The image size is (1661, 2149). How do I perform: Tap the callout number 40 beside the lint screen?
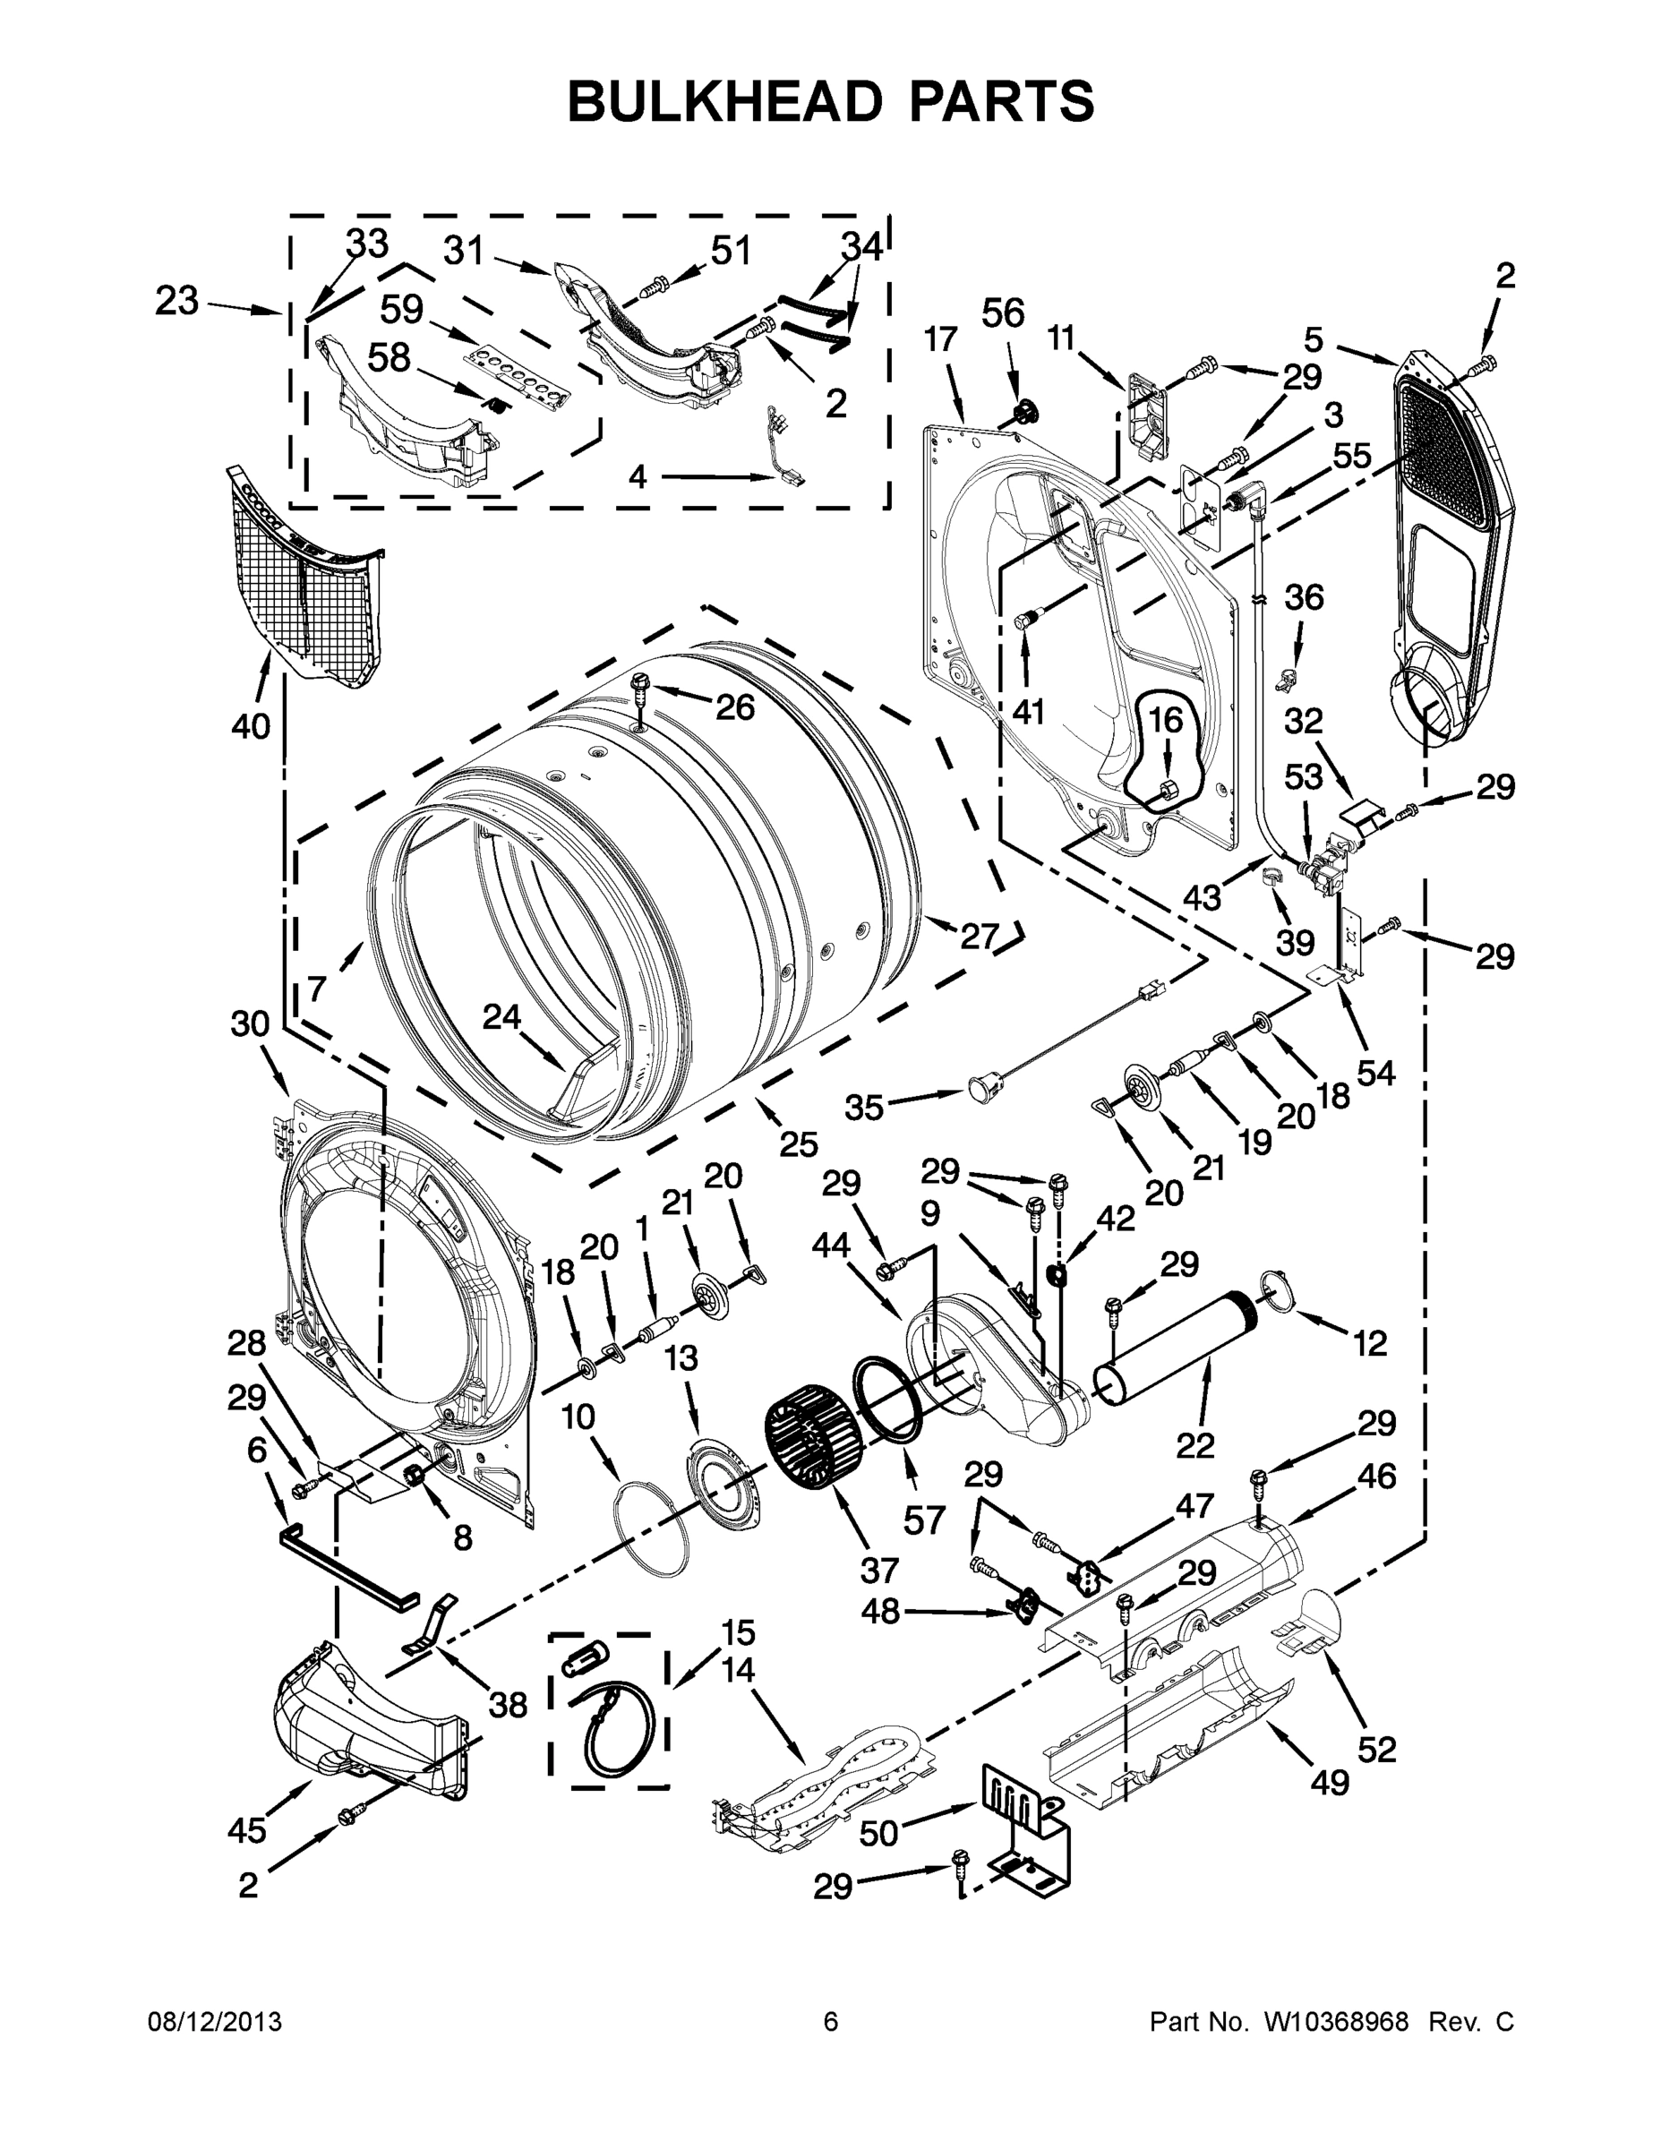tap(250, 727)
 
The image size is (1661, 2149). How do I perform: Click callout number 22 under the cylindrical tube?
tap(1195, 1445)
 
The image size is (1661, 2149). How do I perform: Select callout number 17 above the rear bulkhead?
tap(941, 340)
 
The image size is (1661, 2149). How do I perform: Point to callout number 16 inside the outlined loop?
tap(1165, 720)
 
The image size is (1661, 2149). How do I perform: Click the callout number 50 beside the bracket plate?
tap(878, 1833)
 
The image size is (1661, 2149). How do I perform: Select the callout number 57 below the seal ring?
tap(924, 1521)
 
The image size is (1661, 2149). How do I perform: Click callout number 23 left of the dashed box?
tap(176, 300)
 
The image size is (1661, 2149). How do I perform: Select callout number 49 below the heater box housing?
tap(1330, 1782)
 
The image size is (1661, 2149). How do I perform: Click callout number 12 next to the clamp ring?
tap(1370, 1343)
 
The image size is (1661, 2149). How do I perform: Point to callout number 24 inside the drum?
tap(501, 1016)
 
